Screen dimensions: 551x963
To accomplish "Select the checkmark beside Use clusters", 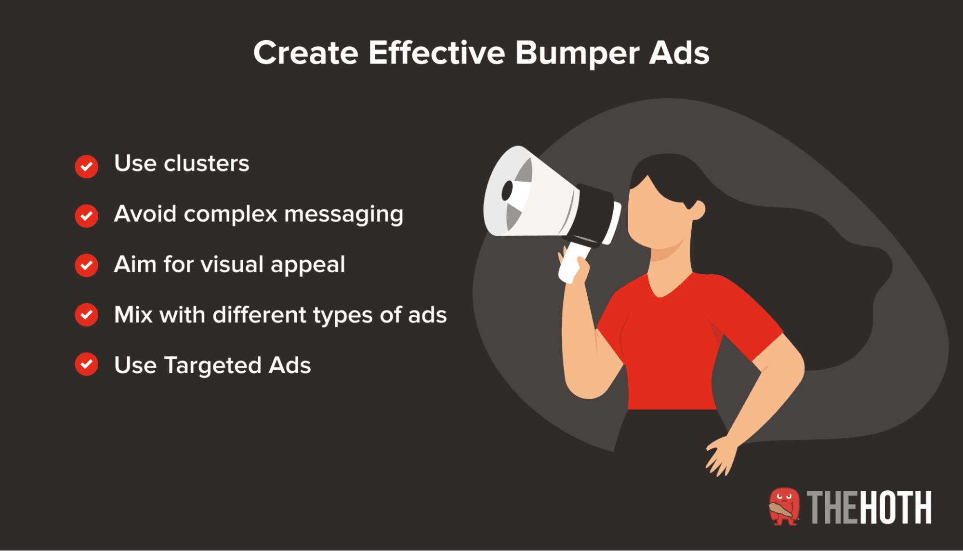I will point(87,167).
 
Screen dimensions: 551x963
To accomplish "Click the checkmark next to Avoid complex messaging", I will point(87,215).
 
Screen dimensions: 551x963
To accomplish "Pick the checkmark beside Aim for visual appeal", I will point(87,265).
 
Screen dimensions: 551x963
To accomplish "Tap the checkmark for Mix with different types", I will point(87,315).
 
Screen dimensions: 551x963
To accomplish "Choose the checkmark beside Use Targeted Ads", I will point(87,364).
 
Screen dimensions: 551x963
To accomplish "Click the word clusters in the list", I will point(206,163).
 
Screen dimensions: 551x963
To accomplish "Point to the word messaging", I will point(343,215).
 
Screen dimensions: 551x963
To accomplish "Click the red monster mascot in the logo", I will point(784,507).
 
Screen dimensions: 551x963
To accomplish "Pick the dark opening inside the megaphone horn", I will point(507,191).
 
